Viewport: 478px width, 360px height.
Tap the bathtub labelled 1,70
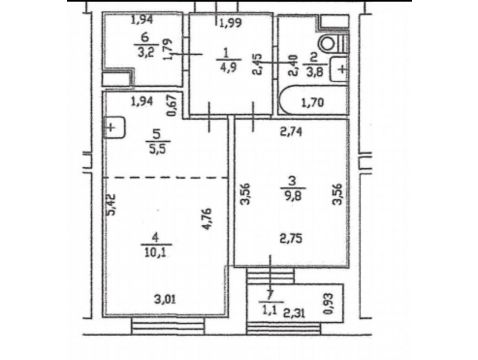[313, 101]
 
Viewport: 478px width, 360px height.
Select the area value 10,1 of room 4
[156, 252]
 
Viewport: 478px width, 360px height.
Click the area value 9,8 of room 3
[293, 196]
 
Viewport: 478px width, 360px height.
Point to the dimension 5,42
[111, 205]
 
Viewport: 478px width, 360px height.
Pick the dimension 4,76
[207, 219]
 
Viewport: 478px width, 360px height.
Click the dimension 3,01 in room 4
[165, 300]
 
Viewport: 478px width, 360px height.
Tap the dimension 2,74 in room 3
[291, 132]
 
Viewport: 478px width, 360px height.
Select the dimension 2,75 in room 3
[291, 239]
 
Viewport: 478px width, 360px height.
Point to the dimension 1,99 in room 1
[230, 23]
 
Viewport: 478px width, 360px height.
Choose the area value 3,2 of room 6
[146, 53]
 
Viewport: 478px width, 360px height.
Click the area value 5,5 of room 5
[157, 149]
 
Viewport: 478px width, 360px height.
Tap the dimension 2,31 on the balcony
[294, 313]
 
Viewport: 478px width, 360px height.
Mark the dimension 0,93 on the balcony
[328, 303]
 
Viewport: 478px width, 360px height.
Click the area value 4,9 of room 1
[228, 67]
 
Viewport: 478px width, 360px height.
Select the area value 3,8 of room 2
[314, 72]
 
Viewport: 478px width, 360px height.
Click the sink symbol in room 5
[114, 127]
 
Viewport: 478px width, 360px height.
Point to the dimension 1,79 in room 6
[168, 49]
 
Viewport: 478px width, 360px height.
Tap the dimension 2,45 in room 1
[258, 64]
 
